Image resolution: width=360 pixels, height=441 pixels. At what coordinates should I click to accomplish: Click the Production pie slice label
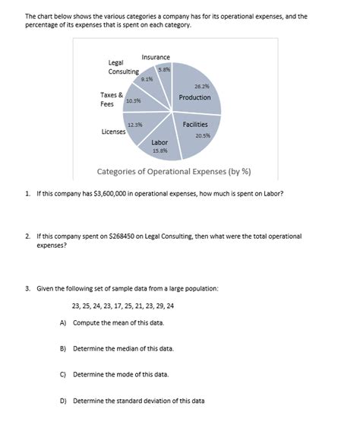195,97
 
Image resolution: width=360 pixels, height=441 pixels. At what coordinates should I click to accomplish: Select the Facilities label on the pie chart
194,124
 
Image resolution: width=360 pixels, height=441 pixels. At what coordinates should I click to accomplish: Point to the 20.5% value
203,135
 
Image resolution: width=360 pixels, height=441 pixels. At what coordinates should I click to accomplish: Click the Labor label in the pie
159,142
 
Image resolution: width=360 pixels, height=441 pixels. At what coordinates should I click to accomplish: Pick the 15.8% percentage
160,151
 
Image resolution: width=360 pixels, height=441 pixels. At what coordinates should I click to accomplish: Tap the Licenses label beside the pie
114,132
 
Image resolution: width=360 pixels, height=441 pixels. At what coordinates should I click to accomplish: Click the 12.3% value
135,124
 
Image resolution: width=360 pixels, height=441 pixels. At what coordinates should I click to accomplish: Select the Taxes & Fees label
112,100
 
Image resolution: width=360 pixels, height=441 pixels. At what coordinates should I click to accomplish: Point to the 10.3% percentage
133,100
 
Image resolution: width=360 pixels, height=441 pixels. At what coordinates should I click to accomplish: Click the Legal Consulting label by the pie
123,67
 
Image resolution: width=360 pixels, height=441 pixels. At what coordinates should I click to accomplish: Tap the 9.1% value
147,78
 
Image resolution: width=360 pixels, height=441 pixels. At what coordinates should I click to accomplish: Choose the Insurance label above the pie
156,57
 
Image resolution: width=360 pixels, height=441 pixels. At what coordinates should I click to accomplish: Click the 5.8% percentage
163,70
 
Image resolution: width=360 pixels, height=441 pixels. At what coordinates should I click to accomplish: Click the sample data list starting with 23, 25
122,306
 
